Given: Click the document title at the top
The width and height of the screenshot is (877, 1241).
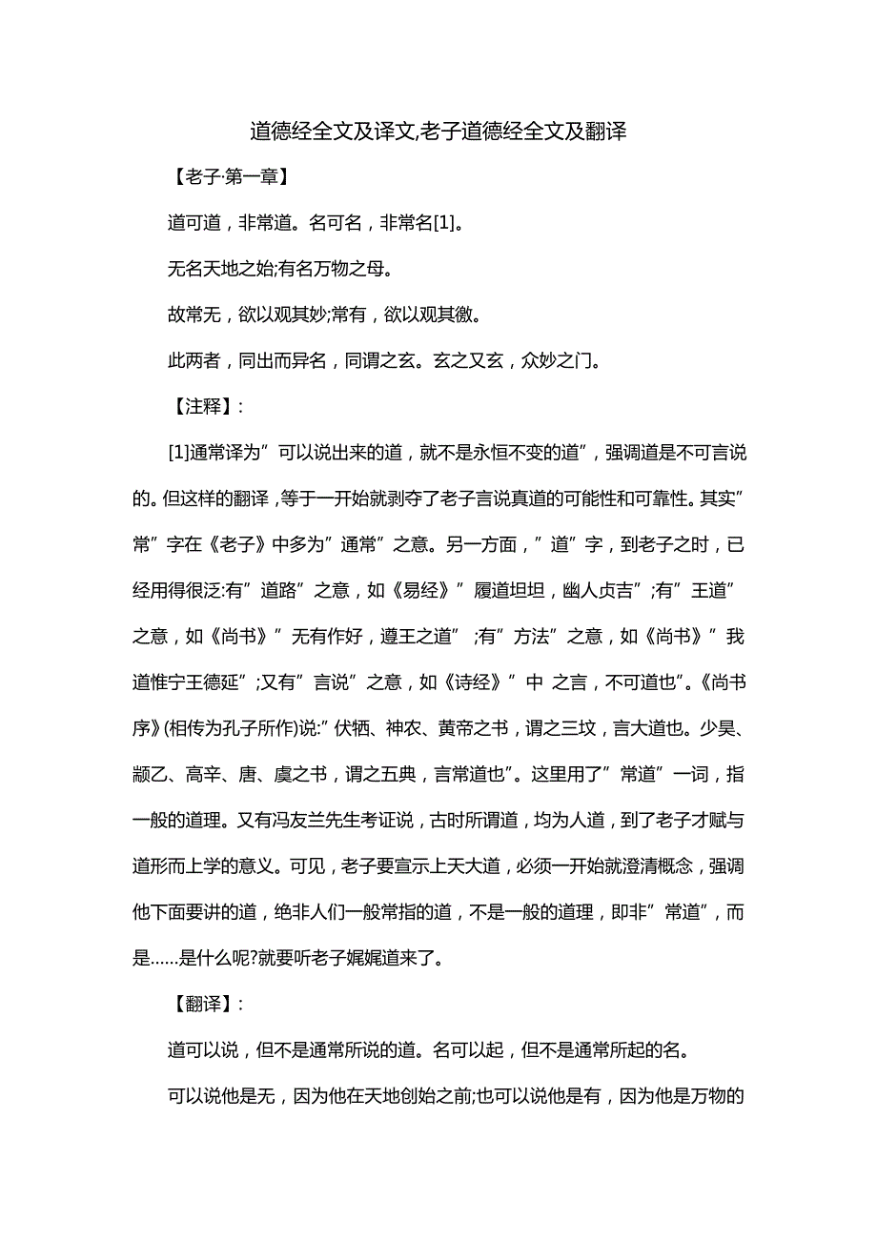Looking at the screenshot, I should point(438,132).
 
